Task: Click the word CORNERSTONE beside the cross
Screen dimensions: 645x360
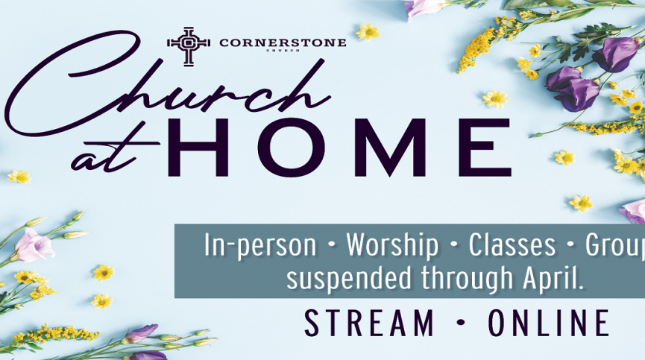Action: (283, 42)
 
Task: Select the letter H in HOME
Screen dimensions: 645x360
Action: (198, 148)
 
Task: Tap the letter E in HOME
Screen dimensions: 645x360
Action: (485, 148)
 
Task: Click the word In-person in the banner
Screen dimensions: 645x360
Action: (260, 246)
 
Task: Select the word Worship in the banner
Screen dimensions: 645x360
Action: (392, 246)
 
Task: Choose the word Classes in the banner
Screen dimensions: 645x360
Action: (512, 245)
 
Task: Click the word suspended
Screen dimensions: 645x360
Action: (349, 278)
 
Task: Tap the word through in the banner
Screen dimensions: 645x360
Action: (467, 278)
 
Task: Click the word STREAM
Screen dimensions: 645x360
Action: (369, 323)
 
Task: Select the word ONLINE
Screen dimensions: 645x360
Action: (548, 323)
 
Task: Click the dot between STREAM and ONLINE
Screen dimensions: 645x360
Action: (461, 323)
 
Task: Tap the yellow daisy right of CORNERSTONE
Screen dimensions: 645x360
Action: (368, 31)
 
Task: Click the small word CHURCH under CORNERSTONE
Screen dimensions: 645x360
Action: (283, 50)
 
